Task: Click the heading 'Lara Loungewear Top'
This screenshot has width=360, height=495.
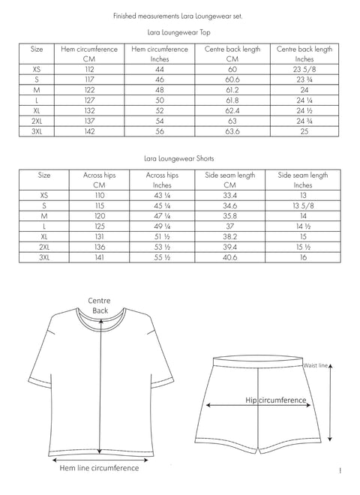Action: pos(179,33)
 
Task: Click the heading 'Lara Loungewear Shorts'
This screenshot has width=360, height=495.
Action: pos(179,159)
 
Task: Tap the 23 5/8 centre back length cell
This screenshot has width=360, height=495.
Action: pos(304,67)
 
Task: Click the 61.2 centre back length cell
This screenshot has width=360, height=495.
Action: pos(232,88)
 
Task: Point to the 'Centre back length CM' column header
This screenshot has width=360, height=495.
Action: pos(232,53)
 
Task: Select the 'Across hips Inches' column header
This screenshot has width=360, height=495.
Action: pos(163,179)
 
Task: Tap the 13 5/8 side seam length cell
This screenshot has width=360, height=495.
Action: pos(304,204)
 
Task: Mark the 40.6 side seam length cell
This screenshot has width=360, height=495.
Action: pos(232,256)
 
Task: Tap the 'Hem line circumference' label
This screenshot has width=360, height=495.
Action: pos(99,468)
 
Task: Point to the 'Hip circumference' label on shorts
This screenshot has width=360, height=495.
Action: pos(276,400)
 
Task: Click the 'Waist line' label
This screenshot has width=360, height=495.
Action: pos(316,365)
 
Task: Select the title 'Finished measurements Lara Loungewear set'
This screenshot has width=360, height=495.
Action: pos(178,15)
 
